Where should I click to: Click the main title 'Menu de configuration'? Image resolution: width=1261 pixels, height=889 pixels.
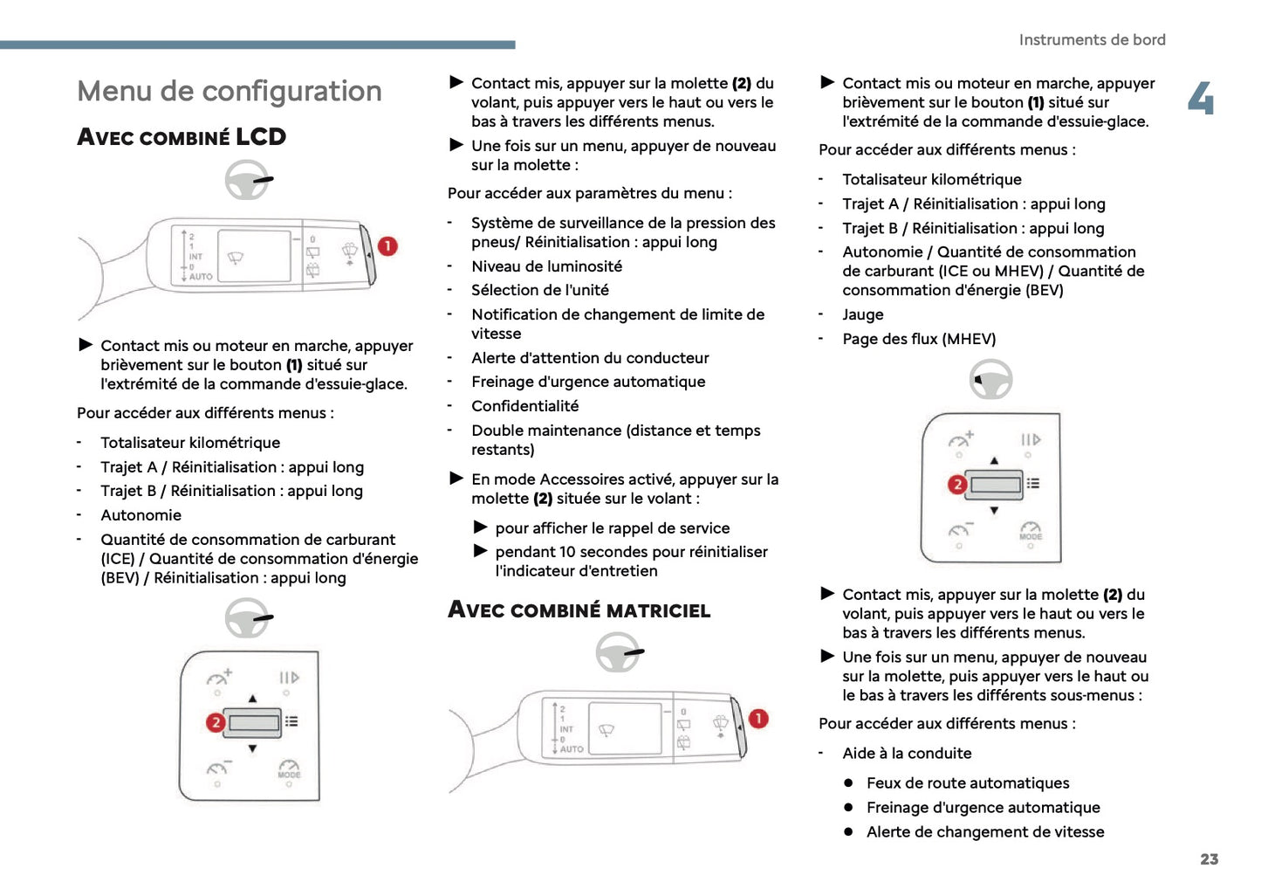tap(229, 91)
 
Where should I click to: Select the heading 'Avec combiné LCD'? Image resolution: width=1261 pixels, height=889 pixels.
tap(182, 137)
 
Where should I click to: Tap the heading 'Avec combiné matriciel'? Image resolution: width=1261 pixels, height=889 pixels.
tap(579, 610)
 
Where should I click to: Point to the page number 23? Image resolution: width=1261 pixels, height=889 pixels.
tap(1209, 859)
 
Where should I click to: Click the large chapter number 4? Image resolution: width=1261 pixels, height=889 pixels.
tap(1201, 99)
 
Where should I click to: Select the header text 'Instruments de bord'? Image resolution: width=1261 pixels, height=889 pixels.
tap(1092, 40)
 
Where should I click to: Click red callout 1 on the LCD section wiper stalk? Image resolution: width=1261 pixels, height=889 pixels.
tap(387, 246)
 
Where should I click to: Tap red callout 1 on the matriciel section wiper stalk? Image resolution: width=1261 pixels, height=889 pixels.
tap(758, 719)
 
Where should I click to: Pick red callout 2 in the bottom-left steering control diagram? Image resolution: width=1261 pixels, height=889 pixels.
tap(216, 722)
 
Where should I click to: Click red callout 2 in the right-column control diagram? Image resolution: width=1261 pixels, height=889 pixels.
tap(957, 484)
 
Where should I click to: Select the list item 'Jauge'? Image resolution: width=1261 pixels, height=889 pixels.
tap(862, 314)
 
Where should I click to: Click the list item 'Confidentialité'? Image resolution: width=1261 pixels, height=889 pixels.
tap(524, 406)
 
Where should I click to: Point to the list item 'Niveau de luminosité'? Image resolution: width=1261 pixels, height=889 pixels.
tap(546, 266)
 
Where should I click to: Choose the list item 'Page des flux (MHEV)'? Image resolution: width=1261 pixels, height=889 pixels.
tap(918, 339)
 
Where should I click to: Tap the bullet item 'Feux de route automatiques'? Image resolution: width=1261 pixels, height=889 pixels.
tap(967, 783)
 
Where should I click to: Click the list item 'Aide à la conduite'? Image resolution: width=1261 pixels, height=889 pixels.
tap(906, 754)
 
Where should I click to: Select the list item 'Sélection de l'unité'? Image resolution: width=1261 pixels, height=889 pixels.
tap(539, 290)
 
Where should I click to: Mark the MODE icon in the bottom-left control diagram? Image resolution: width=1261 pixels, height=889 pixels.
tap(289, 769)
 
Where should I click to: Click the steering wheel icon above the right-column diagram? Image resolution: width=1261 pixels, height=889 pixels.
tap(990, 380)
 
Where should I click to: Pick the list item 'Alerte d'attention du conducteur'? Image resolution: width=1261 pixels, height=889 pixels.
tap(590, 358)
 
